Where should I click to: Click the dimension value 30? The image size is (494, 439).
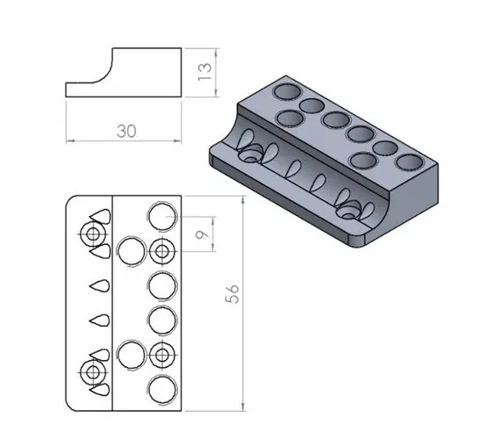[125, 130]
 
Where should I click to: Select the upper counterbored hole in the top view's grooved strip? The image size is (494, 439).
[92, 234]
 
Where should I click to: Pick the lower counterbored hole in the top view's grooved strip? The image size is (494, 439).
[92, 372]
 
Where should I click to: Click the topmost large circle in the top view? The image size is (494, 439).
[161, 214]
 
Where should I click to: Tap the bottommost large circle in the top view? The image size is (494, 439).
[161, 390]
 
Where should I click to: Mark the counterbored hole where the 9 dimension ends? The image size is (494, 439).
[161, 251]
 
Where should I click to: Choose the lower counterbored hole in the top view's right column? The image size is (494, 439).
[161, 355]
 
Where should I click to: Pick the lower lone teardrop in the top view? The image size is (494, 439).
[98, 320]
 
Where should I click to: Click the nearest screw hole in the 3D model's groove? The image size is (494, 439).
[351, 212]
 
